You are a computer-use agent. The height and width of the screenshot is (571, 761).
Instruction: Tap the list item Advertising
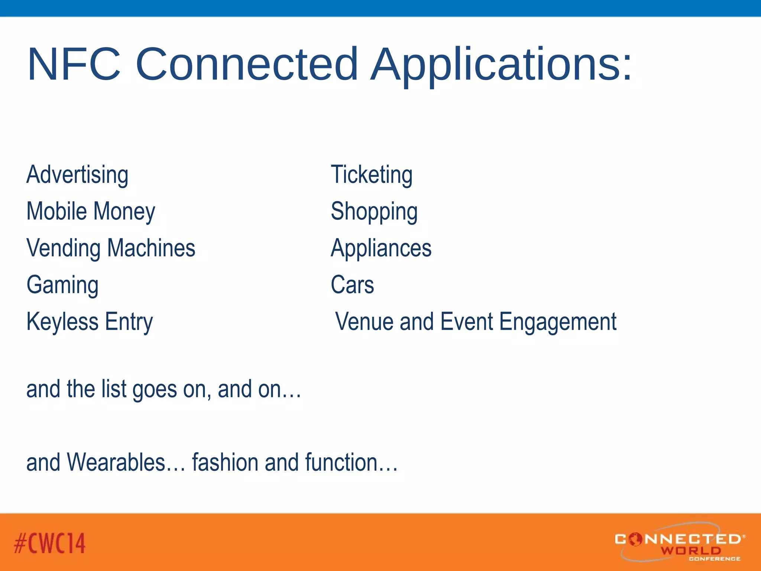pos(77,175)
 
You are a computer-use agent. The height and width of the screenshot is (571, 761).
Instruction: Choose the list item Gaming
pos(62,285)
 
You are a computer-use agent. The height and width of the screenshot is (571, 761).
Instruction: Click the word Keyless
pos(62,322)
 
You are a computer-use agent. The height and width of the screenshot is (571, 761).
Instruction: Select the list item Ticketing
pos(372,175)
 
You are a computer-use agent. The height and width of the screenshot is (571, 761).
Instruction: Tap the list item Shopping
pos(374,212)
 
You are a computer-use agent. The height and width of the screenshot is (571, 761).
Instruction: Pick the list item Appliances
pos(381,248)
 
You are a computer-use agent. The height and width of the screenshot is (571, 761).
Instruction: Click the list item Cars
pos(352,285)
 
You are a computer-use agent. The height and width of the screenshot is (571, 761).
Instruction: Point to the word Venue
pos(364,322)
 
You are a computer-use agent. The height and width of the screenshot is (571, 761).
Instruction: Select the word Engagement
pos(558,322)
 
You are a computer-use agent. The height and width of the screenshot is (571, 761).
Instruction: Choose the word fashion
pos(225,462)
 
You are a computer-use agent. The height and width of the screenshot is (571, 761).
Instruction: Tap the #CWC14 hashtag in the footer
pos(50,543)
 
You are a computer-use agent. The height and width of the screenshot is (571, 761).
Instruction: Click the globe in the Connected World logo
pos(635,539)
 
